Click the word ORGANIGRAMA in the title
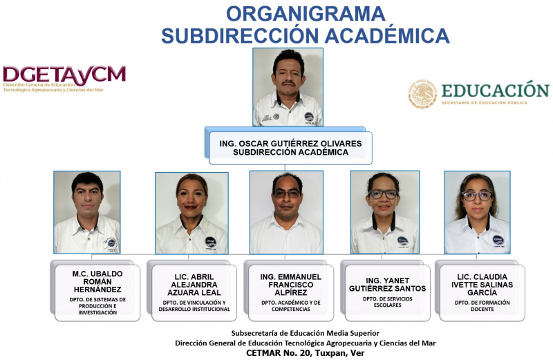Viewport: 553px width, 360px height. point(306,14)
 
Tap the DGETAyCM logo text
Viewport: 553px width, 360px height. point(64,75)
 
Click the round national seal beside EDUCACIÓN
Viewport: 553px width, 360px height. point(422,94)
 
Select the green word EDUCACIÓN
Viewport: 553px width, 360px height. point(495,91)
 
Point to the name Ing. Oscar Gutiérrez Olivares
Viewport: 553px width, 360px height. point(290,144)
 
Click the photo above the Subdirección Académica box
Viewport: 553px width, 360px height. point(288,87)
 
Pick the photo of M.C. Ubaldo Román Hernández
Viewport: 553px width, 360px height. point(87,212)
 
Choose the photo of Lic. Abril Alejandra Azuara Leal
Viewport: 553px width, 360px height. point(191,213)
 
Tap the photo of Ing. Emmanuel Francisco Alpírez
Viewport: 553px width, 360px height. point(286,212)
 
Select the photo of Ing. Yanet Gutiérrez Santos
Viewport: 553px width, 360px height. point(385,212)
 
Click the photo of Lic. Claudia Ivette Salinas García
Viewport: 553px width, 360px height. point(477,212)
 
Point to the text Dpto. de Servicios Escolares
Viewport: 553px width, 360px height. point(388,302)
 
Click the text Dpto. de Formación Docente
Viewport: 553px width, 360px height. point(482,305)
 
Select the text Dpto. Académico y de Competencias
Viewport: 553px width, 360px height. point(291,305)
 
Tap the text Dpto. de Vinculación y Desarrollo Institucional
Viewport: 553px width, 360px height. point(194,305)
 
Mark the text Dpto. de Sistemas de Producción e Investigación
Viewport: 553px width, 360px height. point(97,306)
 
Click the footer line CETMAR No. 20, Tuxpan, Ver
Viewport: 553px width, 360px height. point(306,353)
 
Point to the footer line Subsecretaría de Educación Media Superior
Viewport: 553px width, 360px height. point(306,333)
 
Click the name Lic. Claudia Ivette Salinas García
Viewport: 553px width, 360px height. point(482,285)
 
